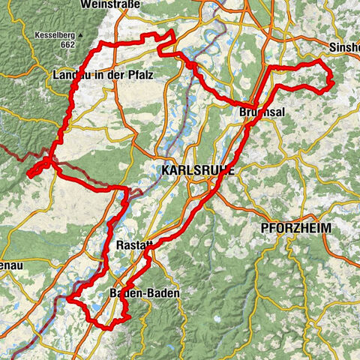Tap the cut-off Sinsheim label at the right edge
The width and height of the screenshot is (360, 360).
tap(344, 46)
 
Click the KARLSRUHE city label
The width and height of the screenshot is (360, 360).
tap(197, 171)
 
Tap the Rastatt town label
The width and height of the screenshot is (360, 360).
tap(135, 245)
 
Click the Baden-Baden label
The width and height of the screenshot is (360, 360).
tap(144, 294)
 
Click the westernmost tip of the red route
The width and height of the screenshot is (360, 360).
tap(28, 174)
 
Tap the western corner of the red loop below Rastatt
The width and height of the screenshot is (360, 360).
tap(67, 299)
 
